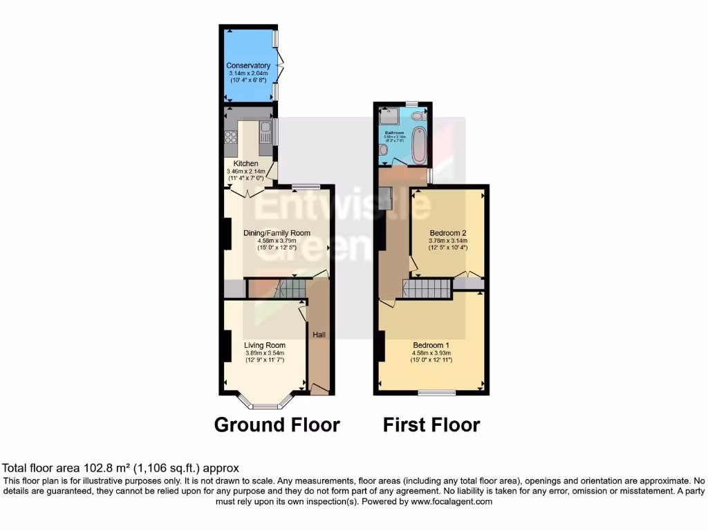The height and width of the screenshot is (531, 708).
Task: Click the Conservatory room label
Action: pyautogui.click(x=249, y=66)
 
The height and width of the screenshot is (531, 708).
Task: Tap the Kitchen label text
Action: pyautogui.click(x=245, y=164)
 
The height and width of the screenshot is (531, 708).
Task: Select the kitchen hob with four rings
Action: pyautogui.click(x=230, y=136)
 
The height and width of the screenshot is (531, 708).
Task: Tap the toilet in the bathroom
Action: pyautogui.click(x=418, y=118)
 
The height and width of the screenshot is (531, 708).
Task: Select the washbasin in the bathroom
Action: pyautogui.click(x=384, y=149)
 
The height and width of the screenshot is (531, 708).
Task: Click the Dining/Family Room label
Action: pyautogui.click(x=277, y=233)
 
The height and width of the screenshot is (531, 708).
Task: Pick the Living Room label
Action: pyautogui.click(x=265, y=346)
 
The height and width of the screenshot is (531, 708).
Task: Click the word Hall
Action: pyautogui.click(x=319, y=335)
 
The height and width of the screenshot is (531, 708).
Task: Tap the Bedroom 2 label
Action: pyautogui.click(x=448, y=233)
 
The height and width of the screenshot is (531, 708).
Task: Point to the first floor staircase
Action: pyautogui.click(x=427, y=288)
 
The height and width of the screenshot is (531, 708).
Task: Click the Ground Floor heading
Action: pyautogui.click(x=277, y=425)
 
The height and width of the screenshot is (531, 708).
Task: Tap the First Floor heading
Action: pyautogui.click(x=431, y=425)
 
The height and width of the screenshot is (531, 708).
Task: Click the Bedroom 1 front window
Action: pyautogui.click(x=437, y=393)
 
